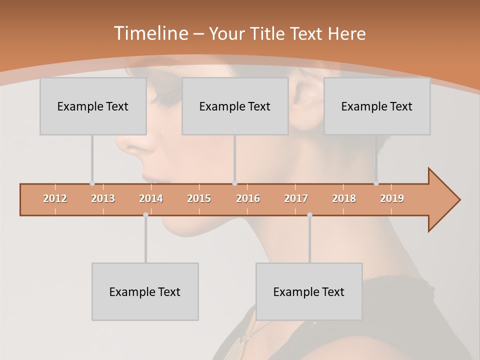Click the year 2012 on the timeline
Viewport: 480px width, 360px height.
coord(55,198)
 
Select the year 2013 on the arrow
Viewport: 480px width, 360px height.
coord(103,198)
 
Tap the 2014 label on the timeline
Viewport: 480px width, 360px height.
coord(151,198)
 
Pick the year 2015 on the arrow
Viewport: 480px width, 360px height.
coord(199,198)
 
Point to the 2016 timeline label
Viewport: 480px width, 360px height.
coord(247,198)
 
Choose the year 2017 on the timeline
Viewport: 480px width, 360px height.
coord(295,198)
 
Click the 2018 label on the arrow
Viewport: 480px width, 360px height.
coord(344,198)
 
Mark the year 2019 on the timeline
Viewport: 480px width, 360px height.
coord(392,198)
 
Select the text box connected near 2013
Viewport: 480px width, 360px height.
coord(93,106)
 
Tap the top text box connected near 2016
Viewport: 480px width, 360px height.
coord(235,106)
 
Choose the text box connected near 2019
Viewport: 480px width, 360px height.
coord(377,106)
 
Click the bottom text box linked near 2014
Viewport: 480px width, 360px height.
coord(145,291)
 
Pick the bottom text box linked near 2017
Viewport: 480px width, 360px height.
coord(309,291)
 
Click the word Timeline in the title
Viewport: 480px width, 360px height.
coord(150,33)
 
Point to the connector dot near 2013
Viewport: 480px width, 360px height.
coord(92,183)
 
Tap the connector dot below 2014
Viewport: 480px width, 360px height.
coord(145,215)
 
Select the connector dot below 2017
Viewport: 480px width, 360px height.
coord(309,215)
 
